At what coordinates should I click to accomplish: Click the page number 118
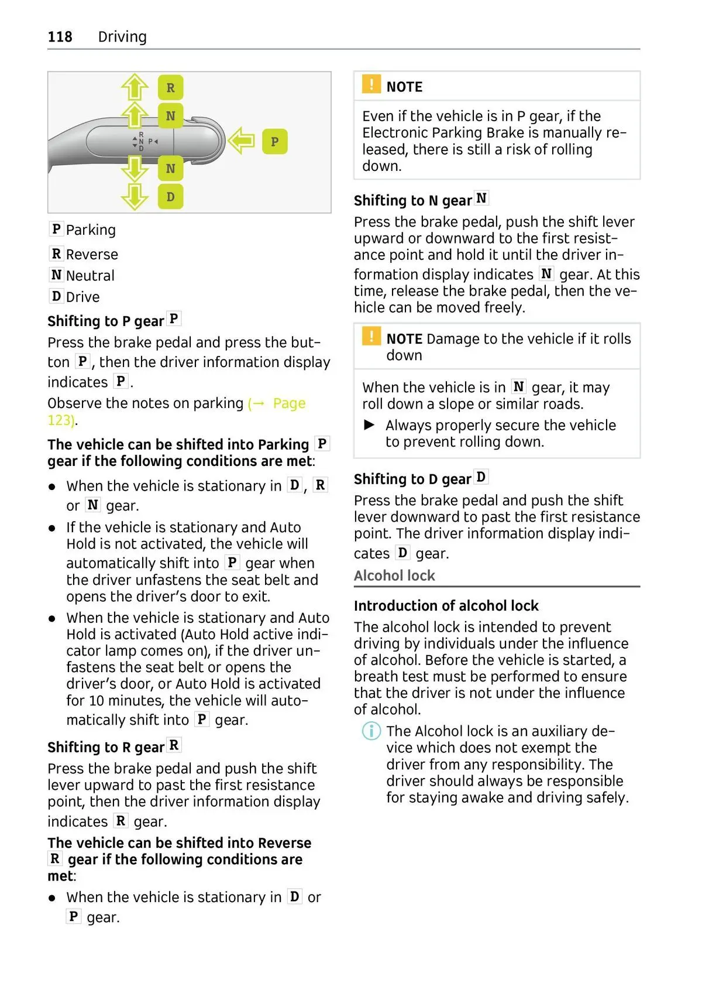click(60, 37)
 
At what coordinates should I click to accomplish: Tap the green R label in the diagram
click(170, 88)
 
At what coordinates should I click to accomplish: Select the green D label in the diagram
click(170, 197)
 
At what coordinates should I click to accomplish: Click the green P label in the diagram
click(275, 142)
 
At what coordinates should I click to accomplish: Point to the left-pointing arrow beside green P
click(241, 141)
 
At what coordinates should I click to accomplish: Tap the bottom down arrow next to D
click(135, 196)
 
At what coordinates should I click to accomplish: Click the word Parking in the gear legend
click(91, 230)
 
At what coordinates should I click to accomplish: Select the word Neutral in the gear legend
click(90, 276)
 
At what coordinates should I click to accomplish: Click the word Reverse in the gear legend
click(92, 255)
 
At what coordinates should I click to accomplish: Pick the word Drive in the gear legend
click(82, 297)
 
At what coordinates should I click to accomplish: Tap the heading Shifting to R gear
click(106, 748)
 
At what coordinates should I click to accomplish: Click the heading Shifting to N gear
click(412, 201)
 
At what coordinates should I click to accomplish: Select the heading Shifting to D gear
click(412, 479)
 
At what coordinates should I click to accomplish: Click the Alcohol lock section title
click(394, 576)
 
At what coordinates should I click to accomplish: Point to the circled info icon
click(371, 731)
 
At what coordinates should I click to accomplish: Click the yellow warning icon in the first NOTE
click(371, 85)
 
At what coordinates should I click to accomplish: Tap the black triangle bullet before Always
click(369, 424)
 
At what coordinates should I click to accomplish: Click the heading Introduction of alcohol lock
click(446, 606)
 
